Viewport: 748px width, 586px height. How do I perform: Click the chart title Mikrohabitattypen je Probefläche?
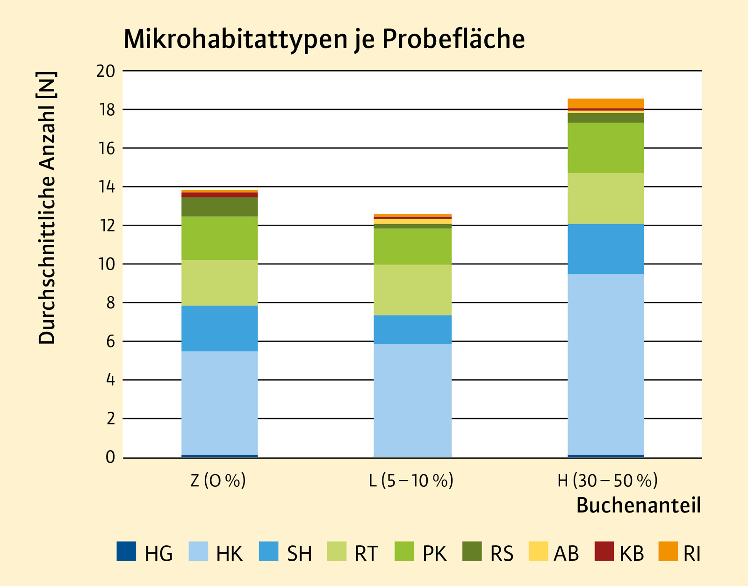coord(324,39)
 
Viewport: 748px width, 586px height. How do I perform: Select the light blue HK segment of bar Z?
coord(219,403)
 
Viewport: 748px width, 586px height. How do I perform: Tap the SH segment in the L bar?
coord(412,330)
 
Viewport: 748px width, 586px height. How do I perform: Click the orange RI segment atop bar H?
coord(605,103)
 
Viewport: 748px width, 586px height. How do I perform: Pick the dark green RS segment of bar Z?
coord(219,206)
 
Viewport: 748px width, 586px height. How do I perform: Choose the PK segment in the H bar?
coord(605,148)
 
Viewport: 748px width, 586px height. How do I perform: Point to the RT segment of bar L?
coord(412,290)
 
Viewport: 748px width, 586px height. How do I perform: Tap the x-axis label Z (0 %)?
coord(218,481)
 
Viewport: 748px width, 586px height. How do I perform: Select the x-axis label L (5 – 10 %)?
coord(411,481)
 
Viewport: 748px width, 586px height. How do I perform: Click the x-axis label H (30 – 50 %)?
coord(607,481)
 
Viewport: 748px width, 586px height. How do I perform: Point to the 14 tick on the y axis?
coord(106,187)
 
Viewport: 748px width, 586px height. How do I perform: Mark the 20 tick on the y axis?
coord(106,71)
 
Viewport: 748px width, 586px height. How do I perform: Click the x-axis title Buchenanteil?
coord(638,506)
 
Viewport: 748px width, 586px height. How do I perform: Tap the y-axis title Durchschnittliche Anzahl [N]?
coord(47,208)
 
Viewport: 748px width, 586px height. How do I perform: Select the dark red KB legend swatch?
coord(604,551)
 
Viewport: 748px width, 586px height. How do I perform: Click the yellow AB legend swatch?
coord(538,551)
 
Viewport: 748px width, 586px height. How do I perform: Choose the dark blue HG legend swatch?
coord(126,551)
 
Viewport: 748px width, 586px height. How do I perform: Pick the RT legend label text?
coord(366,554)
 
